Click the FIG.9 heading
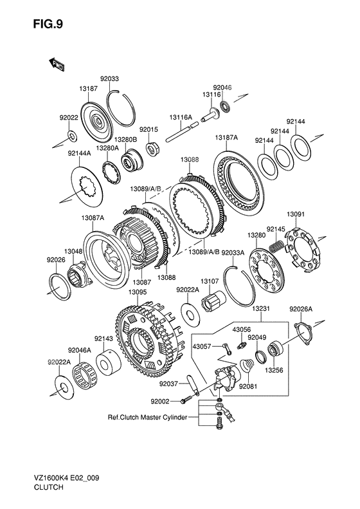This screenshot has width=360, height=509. click(48, 24)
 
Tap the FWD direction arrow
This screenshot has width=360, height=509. click(56, 64)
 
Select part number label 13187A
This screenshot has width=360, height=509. click(226, 138)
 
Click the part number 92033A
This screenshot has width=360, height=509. click(233, 253)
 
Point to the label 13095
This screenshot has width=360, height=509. click(138, 292)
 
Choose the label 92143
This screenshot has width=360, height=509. click(104, 338)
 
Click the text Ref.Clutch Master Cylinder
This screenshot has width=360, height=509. click(147, 417)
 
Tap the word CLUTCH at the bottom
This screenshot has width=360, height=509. click(48, 487)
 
